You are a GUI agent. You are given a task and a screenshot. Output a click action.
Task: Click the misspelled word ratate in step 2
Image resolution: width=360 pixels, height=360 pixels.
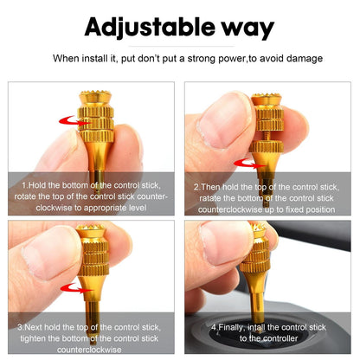click(213, 197)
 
